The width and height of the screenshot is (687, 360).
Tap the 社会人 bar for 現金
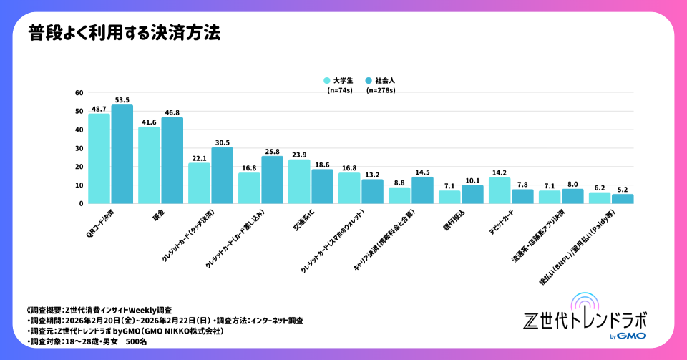172,160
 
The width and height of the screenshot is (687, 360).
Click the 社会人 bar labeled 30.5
223,175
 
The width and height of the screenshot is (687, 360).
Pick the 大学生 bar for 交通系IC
300,182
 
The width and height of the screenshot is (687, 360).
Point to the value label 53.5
122,100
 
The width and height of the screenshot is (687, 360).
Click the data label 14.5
423,172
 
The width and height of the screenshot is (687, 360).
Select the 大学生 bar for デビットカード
500,190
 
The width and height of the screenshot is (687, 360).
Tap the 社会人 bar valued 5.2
623,199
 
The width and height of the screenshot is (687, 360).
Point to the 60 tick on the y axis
79,93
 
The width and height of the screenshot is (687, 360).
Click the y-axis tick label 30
79,148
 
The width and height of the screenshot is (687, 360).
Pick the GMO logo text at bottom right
633,336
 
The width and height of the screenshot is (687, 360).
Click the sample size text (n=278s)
381,91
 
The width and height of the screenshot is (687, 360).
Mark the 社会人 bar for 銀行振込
472,195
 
